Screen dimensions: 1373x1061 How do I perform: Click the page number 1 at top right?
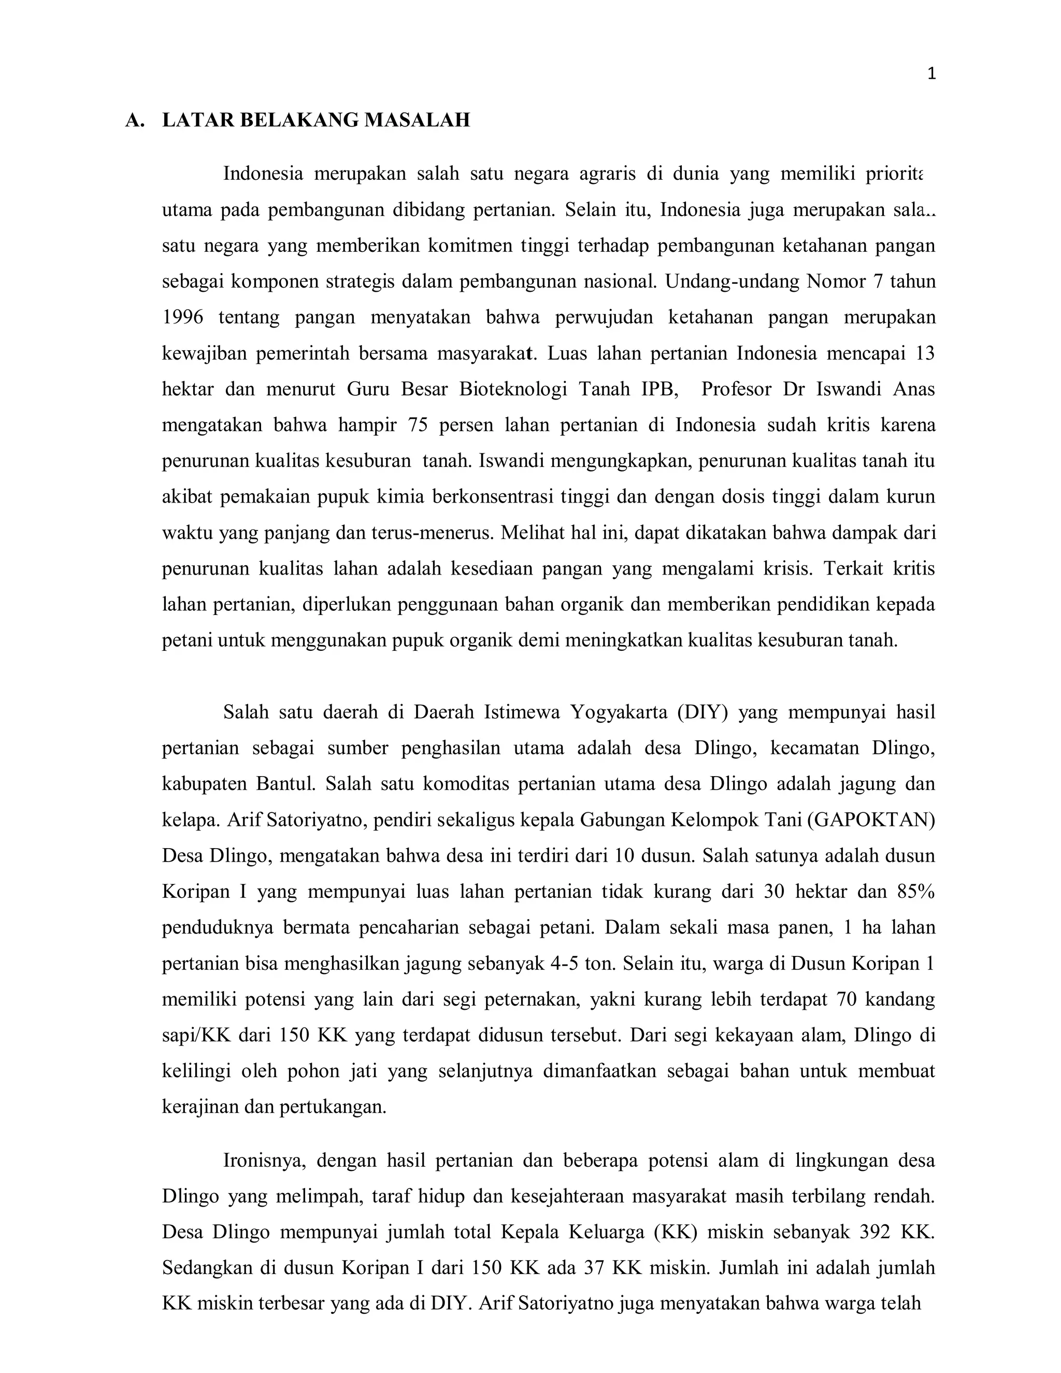pyautogui.click(x=931, y=74)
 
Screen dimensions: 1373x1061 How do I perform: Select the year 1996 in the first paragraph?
pyautogui.click(x=182, y=318)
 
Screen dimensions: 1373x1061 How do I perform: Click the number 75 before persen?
pyautogui.click(x=418, y=425)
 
